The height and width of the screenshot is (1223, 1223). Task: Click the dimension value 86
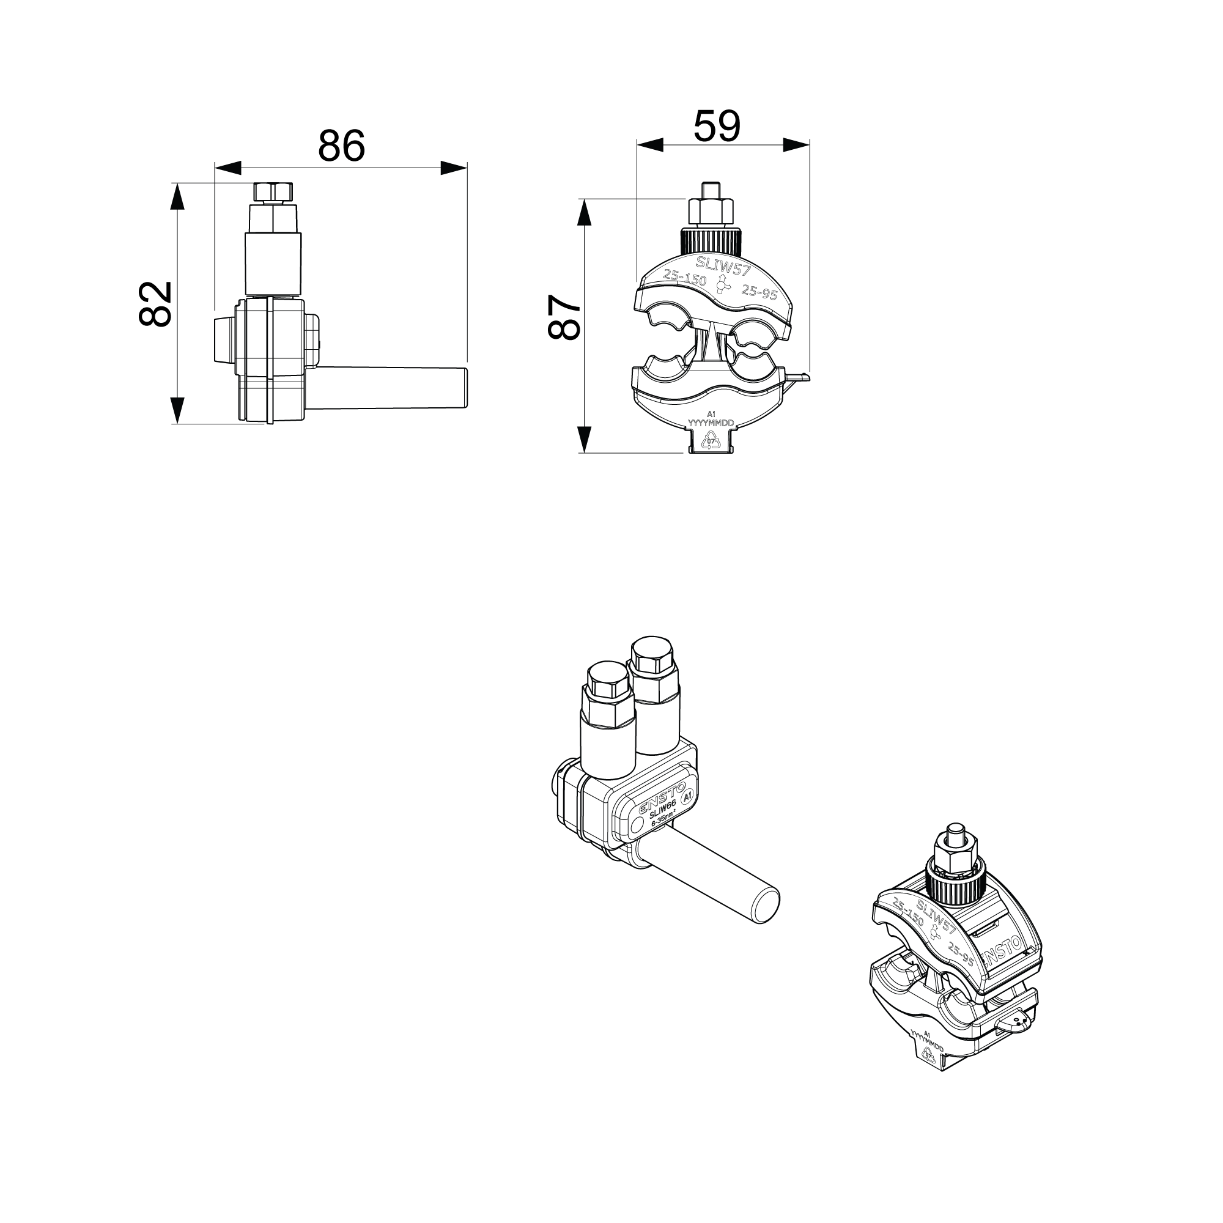click(x=341, y=146)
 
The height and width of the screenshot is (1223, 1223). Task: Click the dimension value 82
click(x=156, y=304)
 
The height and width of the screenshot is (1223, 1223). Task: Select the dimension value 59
click(x=717, y=126)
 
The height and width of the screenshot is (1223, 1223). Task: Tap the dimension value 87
click(x=563, y=317)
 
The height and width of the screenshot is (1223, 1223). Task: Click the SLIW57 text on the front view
click(x=723, y=266)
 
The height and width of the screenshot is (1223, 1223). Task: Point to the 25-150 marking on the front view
click(x=684, y=277)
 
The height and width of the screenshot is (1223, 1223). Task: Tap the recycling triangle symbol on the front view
click(x=711, y=442)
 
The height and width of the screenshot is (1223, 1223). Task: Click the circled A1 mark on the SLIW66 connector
click(x=688, y=796)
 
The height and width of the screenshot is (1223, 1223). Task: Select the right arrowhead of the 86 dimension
click(x=453, y=168)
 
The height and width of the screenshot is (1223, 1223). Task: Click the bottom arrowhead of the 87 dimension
click(x=585, y=438)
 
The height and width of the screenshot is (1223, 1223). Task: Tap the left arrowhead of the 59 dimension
click(x=651, y=145)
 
